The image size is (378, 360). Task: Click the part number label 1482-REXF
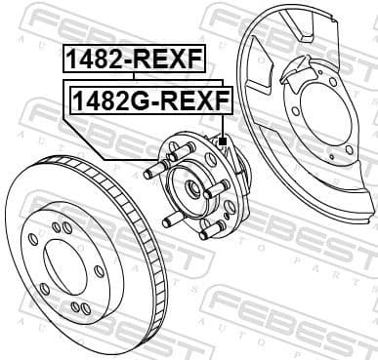click(x=134, y=60)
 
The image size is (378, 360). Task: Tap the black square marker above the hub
click(x=223, y=142)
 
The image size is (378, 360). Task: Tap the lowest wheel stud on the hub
click(x=206, y=232)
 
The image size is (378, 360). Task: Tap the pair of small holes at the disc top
click(x=61, y=227)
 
